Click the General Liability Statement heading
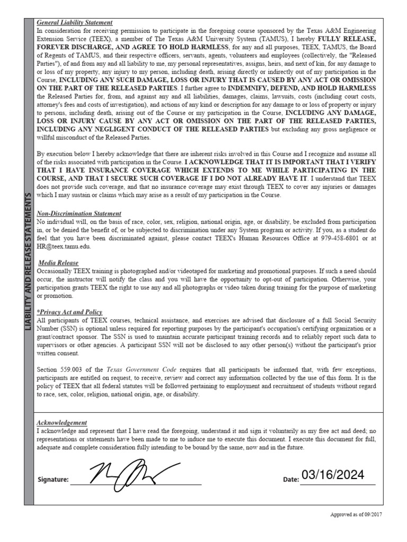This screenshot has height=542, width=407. tap(74, 23)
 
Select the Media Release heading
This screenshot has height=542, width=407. tap(59, 263)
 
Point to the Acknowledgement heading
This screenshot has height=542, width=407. tap(61, 423)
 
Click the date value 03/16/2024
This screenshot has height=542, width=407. tap(333, 475)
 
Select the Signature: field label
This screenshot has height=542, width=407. tap(53, 480)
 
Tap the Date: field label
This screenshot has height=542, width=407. tap(291, 480)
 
